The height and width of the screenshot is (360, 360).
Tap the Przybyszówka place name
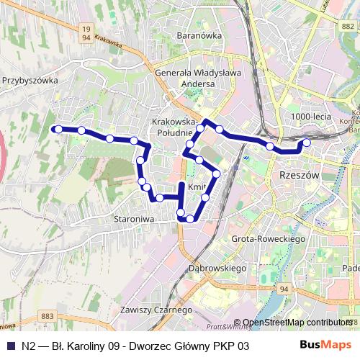30,81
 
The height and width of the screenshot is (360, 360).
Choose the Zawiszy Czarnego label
157,310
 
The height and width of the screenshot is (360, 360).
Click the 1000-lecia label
310,116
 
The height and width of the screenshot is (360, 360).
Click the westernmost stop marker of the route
58,129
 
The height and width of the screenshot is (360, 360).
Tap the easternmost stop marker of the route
306,143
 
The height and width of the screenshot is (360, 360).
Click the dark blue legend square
9,346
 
